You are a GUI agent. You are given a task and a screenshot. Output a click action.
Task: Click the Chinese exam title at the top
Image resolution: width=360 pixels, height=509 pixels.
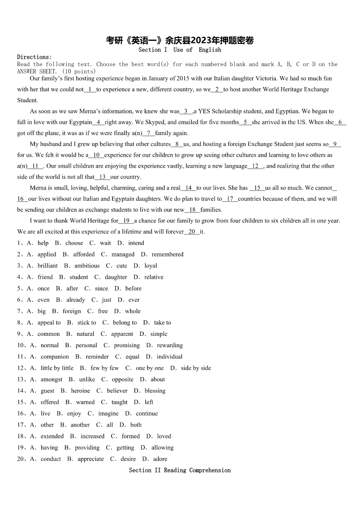[180, 40]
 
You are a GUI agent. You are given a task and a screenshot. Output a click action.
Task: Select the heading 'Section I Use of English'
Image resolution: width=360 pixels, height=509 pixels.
[180, 50]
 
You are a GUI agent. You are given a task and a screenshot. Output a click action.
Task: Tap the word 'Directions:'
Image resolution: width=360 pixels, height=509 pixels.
[34, 57]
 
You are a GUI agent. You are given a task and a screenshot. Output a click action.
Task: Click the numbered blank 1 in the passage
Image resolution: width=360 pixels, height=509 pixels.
[90, 90]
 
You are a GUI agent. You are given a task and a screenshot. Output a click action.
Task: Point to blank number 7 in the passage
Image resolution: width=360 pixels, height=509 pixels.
[148, 133]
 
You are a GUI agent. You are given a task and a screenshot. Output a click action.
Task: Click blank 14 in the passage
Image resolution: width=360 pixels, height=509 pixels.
[188, 188]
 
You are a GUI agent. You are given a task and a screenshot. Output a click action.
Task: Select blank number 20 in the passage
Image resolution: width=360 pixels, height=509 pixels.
[192, 232]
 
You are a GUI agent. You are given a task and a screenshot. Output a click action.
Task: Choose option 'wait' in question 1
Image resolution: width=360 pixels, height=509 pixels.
[105, 243]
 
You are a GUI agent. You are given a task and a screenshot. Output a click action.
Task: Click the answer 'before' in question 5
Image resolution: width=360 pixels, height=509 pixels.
[133, 288]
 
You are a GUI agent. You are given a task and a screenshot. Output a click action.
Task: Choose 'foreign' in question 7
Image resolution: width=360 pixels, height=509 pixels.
[72, 311]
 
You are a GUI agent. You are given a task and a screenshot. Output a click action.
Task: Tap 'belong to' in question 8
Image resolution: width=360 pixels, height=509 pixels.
[125, 323]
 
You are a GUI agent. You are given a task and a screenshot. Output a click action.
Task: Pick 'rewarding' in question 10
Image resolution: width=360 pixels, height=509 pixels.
[170, 345]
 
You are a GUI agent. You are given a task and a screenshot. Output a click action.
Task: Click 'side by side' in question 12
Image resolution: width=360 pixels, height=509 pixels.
[196, 368]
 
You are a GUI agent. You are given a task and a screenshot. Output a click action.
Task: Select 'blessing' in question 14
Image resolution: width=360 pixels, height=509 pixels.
[155, 391]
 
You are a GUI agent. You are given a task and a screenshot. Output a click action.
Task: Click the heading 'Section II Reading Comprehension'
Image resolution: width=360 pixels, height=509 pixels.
[180, 470]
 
